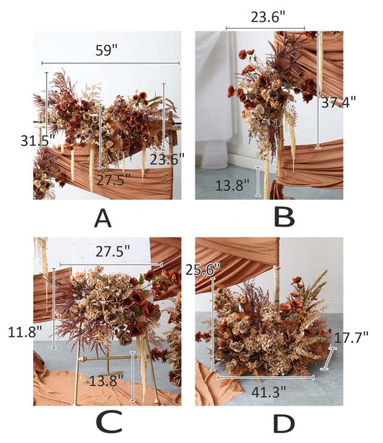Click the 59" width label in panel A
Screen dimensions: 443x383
pyautogui.click(x=109, y=51)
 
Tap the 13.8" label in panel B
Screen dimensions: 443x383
pyautogui.click(x=233, y=186)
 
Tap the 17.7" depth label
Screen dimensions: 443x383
pyautogui.click(x=351, y=337)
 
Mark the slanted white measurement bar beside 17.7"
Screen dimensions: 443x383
pyautogui.click(x=330, y=358)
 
